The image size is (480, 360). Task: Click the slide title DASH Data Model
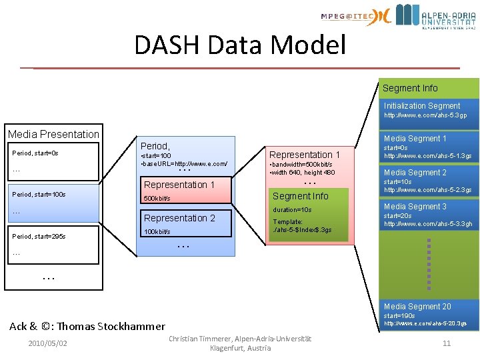[x=240, y=45]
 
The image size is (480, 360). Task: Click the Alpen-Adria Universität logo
[x=437, y=17]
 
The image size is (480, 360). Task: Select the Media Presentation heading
[x=53, y=134]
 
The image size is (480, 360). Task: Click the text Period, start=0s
[x=35, y=153]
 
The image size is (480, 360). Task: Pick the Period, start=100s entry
[x=39, y=194]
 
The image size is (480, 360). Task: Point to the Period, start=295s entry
[x=39, y=236]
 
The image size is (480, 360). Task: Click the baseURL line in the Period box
[x=185, y=164]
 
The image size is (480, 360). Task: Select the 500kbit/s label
[x=157, y=199]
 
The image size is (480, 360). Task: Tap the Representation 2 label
[x=179, y=218]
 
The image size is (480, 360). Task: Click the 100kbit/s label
[x=157, y=232]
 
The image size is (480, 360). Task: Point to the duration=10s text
[x=292, y=210]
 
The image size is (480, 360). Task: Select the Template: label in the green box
[x=288, y=222]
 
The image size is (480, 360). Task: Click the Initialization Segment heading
[x=421, y=106]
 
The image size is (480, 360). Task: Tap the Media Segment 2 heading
[x=415, y=173]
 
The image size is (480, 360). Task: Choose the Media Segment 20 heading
[x=417, y=307]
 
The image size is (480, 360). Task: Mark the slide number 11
[x=447, y=343]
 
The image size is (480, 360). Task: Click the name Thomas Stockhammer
[x=110, y=326]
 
